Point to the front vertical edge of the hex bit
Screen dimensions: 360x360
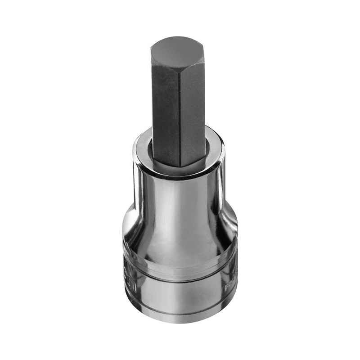[x=180, y=112]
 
